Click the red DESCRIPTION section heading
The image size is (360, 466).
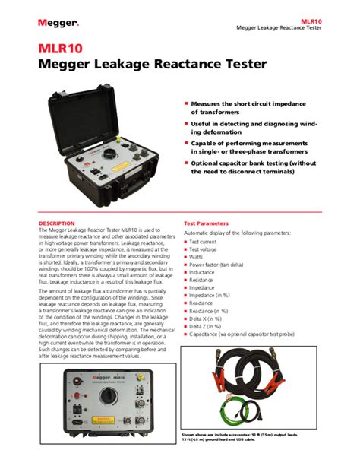pos(57,223)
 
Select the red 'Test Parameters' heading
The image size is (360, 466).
pos(206,223)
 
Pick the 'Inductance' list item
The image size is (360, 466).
pos(201,271)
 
